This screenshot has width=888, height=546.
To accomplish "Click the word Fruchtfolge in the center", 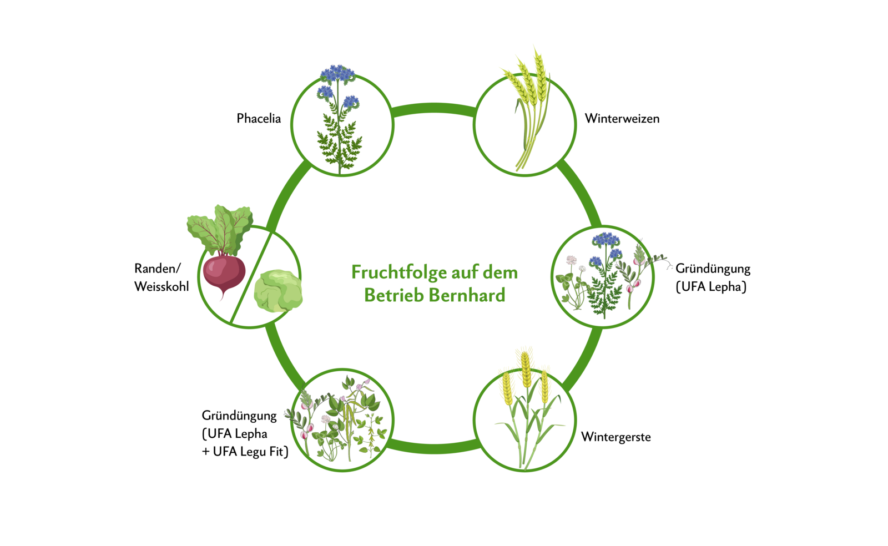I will (398, 272).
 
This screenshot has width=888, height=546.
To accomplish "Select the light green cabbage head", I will (277, 290).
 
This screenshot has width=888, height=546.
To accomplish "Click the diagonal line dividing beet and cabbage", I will (250, 277).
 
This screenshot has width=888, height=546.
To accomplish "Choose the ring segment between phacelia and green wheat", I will (433, 108).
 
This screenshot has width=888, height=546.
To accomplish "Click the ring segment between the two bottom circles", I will (433, 447).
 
